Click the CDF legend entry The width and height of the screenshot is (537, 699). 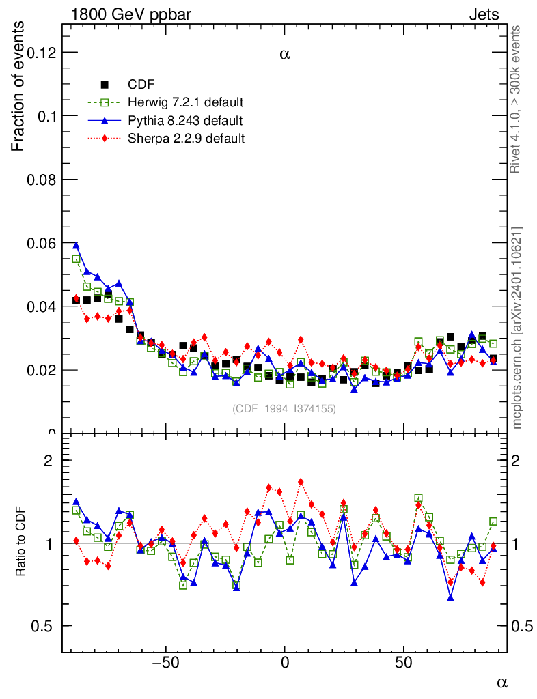coord(141,85)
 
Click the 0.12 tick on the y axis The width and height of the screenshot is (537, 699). coord(36,53)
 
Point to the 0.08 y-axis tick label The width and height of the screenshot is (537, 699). coord(36,180)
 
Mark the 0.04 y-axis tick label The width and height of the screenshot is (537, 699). coord(36,306)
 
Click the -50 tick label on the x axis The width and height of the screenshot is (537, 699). coord(163,662)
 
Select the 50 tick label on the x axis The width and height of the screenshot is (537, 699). coord(404,662)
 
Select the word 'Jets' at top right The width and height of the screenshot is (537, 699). coord(484,14)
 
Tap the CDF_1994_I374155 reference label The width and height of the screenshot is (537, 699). coord(284,409)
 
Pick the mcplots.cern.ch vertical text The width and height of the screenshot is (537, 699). coord(517,328)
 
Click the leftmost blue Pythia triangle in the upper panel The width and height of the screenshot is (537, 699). coord(76,245)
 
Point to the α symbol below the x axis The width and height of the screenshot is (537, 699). coord(501,681)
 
